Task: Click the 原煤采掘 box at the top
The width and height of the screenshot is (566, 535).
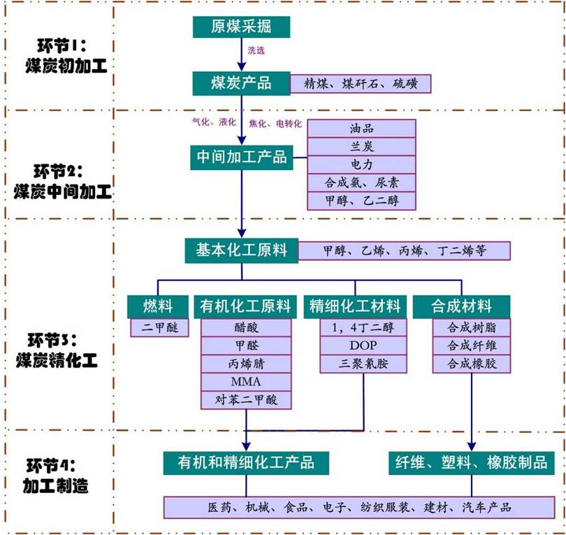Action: [x=241, y=27]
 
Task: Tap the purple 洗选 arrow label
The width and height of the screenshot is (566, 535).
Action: [x=256, y=50]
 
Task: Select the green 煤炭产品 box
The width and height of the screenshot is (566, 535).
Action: [x=241, y=83]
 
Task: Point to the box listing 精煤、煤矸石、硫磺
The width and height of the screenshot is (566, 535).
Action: [x=361, y=84]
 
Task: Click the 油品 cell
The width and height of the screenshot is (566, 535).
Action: [x=361, y=129]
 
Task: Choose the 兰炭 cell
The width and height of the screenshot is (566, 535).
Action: [x=361, y=147]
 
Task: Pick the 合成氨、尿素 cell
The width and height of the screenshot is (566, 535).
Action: [x=361, y=183]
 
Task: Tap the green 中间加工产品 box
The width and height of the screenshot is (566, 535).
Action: [x=242, y=157]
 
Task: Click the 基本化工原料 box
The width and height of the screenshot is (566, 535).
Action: [x=242, y=250]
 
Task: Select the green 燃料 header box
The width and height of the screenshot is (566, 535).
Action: [x=158, y=307]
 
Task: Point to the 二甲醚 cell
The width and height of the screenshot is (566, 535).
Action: [x=159, y=328]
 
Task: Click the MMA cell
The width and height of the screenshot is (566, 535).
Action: [x=246, y=382]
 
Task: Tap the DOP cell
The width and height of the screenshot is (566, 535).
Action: [x=363, y=345]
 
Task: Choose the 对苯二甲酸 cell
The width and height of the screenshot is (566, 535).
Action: [x=246, y=400]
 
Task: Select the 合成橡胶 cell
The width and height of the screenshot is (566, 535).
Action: [x=472, y=364]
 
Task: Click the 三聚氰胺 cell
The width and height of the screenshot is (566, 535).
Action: [x=363, y=364]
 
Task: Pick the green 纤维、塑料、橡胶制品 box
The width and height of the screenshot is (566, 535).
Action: [x=472, y=463]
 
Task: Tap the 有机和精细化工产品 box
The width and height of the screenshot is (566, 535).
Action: [x=246, y=463]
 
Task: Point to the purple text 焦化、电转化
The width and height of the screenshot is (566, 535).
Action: [x=275, y=124]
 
